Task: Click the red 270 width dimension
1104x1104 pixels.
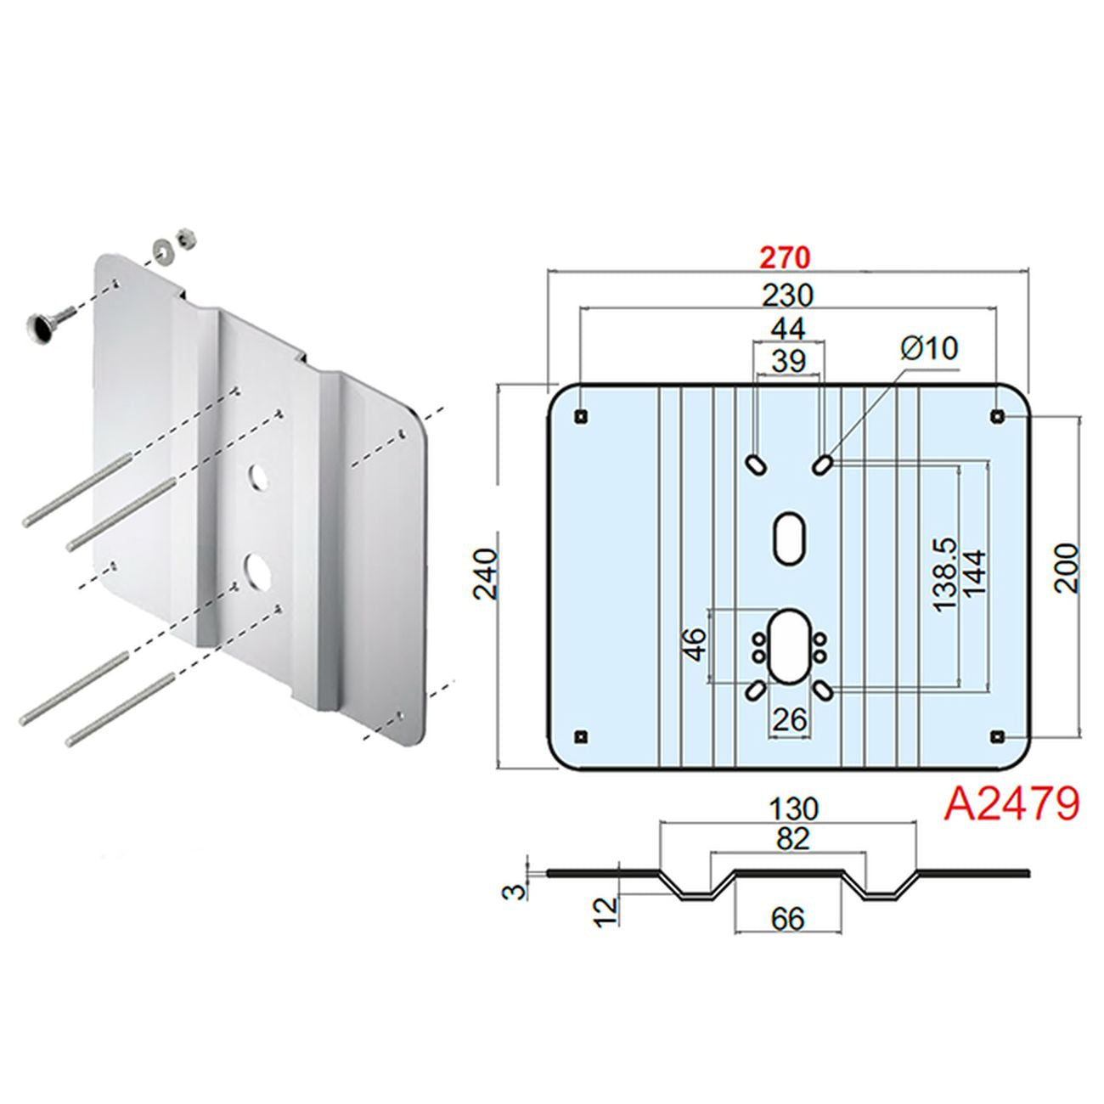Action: (785, 256)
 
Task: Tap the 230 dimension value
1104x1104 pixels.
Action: (787, 295)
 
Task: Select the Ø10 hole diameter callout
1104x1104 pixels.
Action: (928, 348)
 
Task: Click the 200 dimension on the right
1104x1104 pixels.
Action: (1066, 568)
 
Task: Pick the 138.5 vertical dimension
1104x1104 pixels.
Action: (943, 573)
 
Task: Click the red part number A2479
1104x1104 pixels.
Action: (1011, 803)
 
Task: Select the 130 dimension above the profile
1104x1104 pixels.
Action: (791, 808)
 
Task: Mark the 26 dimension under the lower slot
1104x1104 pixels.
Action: (789, 720)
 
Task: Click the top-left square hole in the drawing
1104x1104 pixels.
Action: (581, 416)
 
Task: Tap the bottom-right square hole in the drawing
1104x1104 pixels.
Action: (997, 735)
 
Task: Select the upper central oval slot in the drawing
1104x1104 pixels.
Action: (790, 537)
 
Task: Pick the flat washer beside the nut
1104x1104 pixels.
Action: (161, 250)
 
